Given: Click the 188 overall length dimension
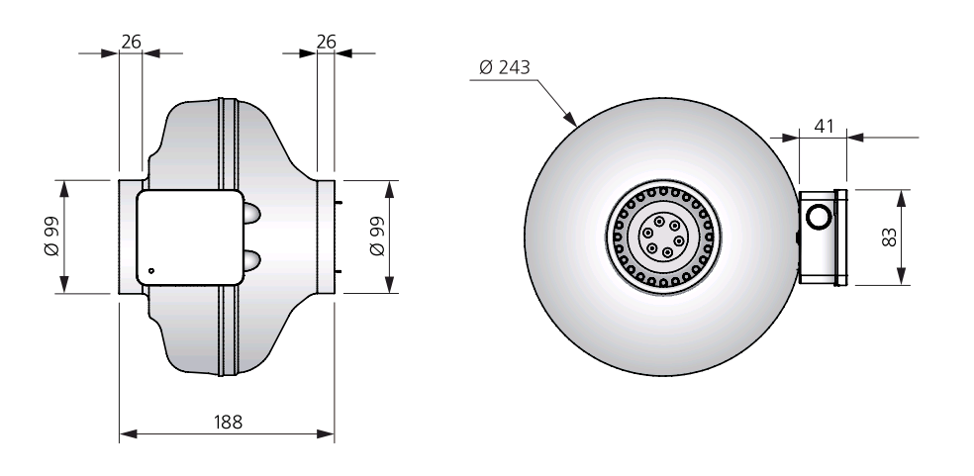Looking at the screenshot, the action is pos(228,423).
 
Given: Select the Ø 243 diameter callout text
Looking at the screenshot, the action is pos(505,67).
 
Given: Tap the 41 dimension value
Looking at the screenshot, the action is pos(824,126).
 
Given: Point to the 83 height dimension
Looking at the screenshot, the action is pos(890,238).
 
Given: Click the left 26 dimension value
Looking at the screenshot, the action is pos(131,42).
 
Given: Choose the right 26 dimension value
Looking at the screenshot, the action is pos(326,42).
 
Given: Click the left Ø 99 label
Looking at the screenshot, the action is pos(51,237).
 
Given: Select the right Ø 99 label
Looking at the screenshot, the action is pos(377,237).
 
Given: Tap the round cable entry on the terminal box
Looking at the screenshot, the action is pos(818,217).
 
